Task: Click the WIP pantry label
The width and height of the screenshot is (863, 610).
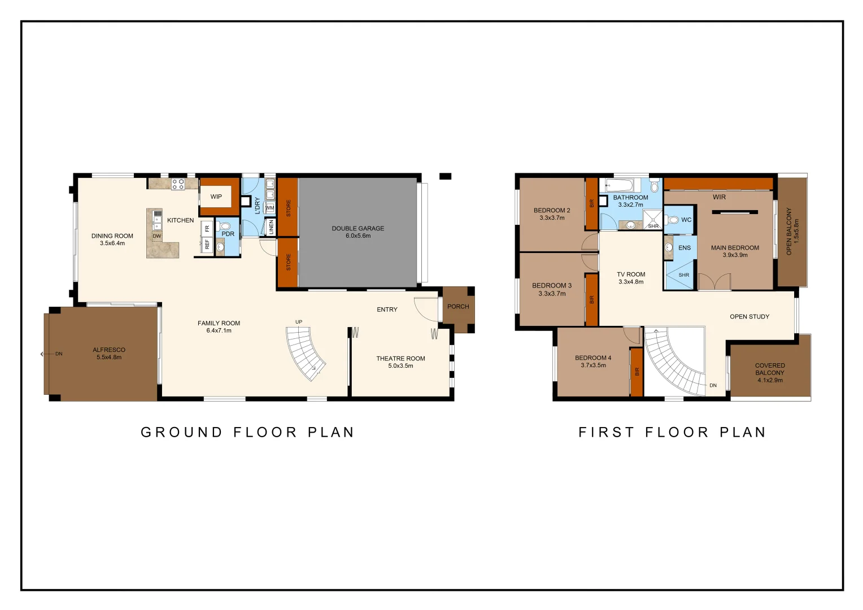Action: [216, 197]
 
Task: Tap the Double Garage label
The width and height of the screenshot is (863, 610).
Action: [358, 229]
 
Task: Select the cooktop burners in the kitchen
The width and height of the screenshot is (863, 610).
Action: [178, 184]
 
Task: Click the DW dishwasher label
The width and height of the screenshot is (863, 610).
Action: [157, 236]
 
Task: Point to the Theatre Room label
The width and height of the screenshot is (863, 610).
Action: [400, 359]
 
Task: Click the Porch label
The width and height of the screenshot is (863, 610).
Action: [458, 307]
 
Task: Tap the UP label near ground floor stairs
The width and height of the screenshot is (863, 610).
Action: [299, 322]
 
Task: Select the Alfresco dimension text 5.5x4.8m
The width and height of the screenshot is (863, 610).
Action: [109, 358]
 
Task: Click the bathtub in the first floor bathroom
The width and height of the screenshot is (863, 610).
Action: [620, 185]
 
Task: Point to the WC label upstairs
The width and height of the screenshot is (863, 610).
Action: [686, 220]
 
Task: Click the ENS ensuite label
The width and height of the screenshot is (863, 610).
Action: [685, 248]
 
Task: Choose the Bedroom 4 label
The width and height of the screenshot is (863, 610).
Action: [593, 358]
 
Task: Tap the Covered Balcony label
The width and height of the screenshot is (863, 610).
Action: [770, 369]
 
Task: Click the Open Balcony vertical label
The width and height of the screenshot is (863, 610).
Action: [789, 231]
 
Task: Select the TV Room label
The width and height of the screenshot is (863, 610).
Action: [631, 274]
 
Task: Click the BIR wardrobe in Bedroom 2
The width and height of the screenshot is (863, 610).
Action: [591, 203]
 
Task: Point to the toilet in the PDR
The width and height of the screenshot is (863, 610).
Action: [225, 226]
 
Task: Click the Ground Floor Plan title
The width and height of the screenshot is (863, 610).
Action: [247, 432]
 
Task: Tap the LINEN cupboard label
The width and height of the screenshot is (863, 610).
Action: [271, 227]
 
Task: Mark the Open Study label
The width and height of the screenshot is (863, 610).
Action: [749, 317]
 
